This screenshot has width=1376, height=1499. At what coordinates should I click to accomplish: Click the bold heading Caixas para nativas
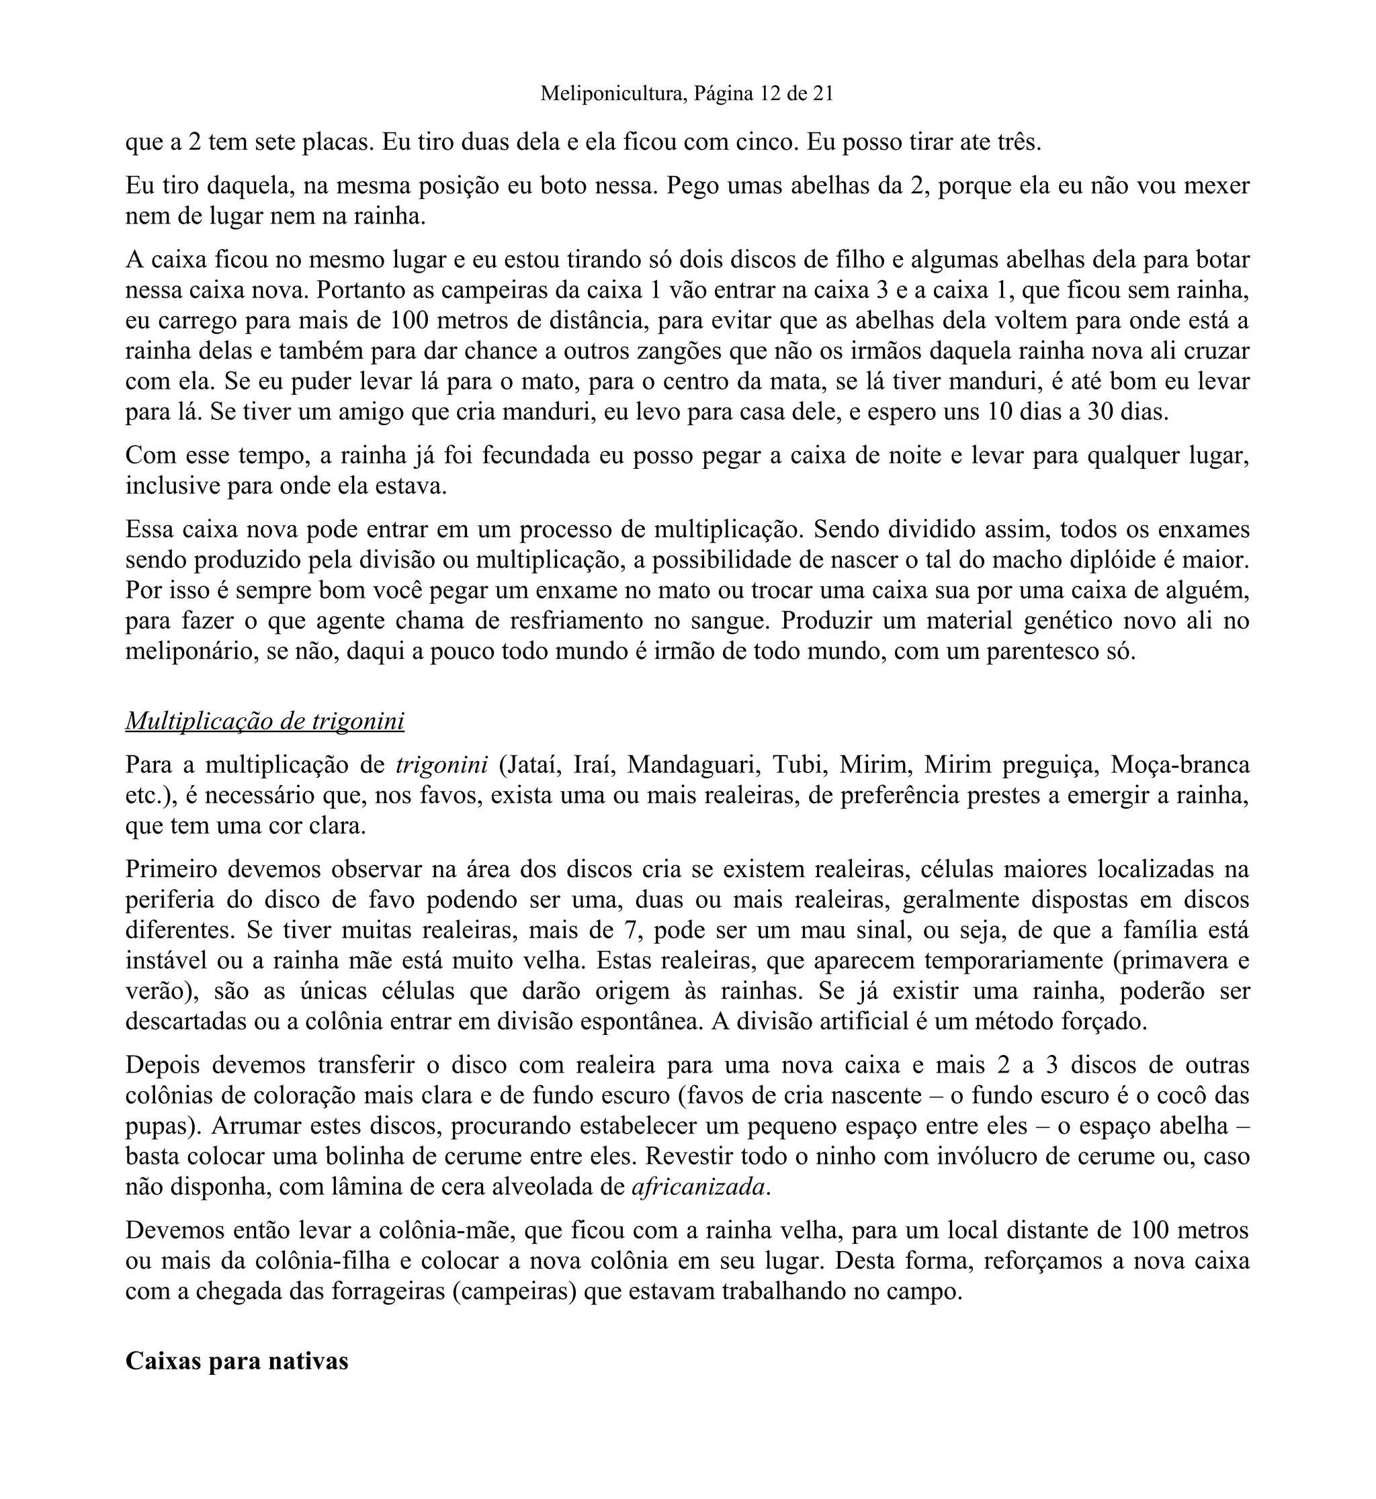[x=236, y=1361]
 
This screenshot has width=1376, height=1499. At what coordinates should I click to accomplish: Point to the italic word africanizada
[x=699, y=1187]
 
